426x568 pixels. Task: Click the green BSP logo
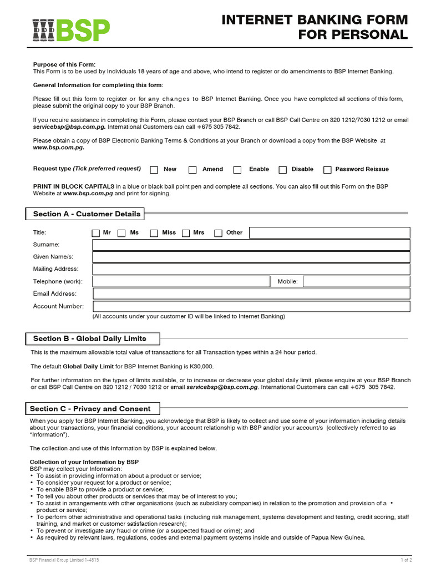tap(70, 31)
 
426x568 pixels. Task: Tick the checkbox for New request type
tap(154, 170)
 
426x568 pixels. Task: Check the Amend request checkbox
tap(192, 170)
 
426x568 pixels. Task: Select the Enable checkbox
tap(237, 170)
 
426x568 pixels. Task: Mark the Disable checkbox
tap(282, 170)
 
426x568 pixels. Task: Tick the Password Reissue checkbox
tap(327, 170)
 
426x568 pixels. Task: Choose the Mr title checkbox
tap(96, 233)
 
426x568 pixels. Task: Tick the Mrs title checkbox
tap(186, 233)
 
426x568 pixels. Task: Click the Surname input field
tap(251, 245)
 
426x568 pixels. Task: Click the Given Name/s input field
tap(251, 257)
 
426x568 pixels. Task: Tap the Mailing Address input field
tap(251, 270)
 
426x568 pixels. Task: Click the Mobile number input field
tap(357, 282)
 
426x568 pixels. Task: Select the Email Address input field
tap(251, 294)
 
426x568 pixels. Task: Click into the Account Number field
tap(251, 306)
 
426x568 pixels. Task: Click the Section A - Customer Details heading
tap(87, 214)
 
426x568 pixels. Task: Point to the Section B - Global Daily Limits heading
tap(89, 339)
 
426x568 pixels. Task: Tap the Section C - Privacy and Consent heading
tap(90, 409)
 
